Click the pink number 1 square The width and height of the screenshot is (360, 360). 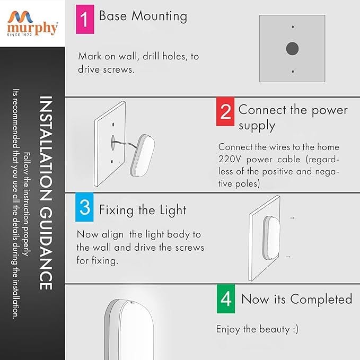coord(85,19)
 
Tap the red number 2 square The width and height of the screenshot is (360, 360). coord(225,111)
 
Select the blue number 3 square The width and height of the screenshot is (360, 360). coord(84,207)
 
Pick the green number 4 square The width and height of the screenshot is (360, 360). coord(226,298)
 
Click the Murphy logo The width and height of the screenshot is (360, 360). coord(32,23)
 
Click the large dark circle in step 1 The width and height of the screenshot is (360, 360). coord(292,49)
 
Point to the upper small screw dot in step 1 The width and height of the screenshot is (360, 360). coord(293,27)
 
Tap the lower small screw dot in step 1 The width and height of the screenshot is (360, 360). coord(293,72)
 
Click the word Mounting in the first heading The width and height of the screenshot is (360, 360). coord(160,16)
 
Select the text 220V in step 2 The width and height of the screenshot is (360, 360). coord(230,160)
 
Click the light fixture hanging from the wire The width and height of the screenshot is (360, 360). coord(142,156)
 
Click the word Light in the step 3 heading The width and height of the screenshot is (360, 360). coord(173,210)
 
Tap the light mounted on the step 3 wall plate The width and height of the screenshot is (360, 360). coord(271,238)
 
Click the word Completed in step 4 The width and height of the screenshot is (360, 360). coord(321,299)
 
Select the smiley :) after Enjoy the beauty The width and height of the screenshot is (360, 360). coord(296,330)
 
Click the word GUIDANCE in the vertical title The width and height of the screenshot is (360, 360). coord(46,249)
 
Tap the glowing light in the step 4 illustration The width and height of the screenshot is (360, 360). coord(129,330)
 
